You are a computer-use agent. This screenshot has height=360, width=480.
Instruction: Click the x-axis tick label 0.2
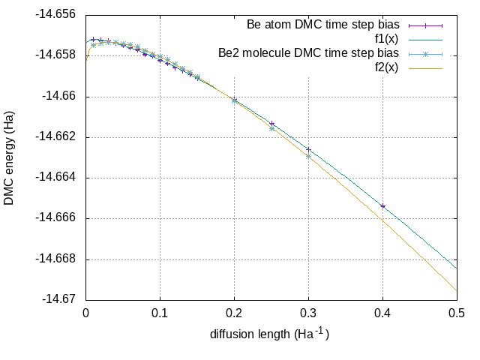(234, 313)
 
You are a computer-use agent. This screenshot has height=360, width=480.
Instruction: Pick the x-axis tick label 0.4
(382, 313)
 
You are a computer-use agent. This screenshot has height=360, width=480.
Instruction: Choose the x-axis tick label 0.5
(457, 313)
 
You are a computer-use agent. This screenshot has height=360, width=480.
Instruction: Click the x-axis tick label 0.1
(160, 313)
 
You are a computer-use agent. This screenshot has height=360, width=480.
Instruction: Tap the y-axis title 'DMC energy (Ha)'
(10, 157)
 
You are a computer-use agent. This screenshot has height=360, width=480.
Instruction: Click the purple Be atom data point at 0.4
(382, 206)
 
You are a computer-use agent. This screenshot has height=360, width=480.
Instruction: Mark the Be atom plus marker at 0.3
(308, 149)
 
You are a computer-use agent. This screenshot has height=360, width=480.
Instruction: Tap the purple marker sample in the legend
(427, 25)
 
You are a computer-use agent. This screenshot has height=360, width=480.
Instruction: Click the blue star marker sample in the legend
(427, 54)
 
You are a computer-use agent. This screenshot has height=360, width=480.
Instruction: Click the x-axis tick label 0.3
(308, 313)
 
